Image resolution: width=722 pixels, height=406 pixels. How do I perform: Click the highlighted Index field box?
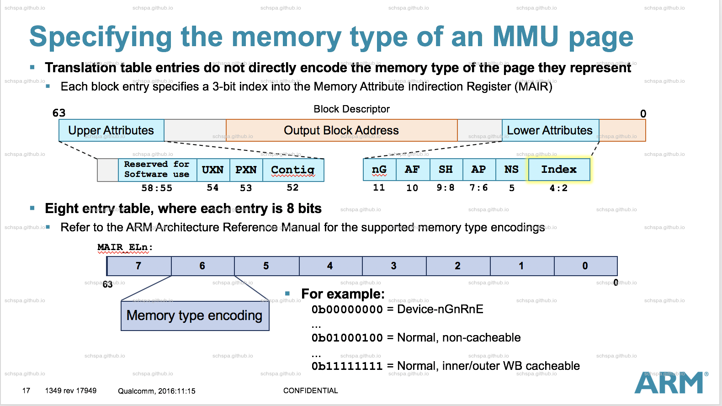[x=559, y=170]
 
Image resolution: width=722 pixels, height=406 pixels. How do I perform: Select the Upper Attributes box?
[x=111, y=131]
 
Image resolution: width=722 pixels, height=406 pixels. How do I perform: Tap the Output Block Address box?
[x=341, y=131]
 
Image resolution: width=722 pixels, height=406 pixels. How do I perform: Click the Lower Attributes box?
[x=550, y=131]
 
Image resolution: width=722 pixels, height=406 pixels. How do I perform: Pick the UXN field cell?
[x=213, y=170]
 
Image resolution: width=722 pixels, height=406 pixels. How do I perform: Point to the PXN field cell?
[x=246, y=170]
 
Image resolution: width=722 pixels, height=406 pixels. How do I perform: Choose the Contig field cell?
[x=293, y=170]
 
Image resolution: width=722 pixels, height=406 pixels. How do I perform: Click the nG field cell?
[x=379, y=170]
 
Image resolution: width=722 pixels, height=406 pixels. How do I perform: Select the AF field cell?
[x=412, y=170]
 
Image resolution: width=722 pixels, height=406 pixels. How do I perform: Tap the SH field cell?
[x=446, y=170]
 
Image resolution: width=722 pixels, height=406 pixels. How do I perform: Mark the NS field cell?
[x=511, y=170]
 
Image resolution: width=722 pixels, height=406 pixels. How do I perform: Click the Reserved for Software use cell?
[x=157, y=170]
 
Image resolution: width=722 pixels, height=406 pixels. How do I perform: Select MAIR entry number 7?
[x=138, y=266]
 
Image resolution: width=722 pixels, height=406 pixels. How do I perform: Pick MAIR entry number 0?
[x=585, y=266]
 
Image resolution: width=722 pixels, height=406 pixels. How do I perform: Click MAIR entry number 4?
[x=330, y=266]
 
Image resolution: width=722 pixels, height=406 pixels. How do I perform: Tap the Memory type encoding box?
[x=195, y=316]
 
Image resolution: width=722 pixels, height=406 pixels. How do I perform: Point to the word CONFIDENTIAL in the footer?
[x=310, y=391]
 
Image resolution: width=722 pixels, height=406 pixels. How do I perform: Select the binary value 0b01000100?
[x=347, y=338]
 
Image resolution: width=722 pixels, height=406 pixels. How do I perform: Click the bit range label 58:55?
[x=157, y=188]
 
